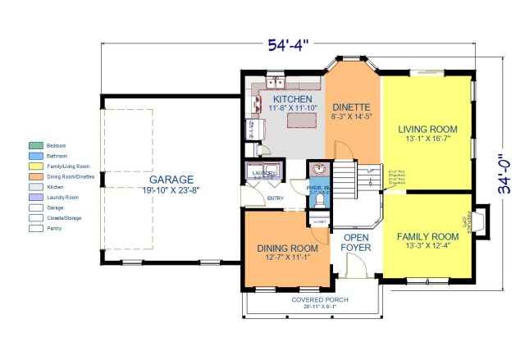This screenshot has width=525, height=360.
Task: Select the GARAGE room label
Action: click(x=171, y=180)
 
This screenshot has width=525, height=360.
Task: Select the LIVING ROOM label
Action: click(x=427, y=130)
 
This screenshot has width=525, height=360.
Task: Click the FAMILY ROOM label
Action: click(x=427, y=237)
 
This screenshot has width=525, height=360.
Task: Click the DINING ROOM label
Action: click(x=288, y=249)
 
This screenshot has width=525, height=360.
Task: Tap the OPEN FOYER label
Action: click(x=356, y=241)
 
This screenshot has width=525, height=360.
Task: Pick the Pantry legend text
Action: click(x=57, y=229)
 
